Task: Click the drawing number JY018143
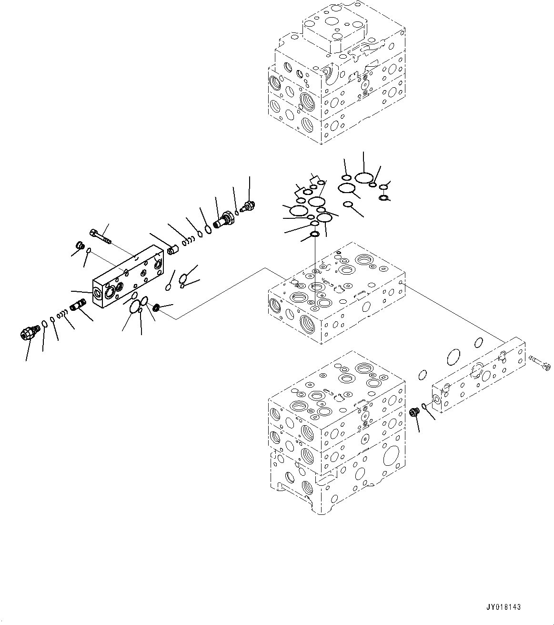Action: coord(504,607)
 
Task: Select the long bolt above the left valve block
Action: coord(99,236)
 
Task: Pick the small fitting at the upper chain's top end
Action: coord(249,206)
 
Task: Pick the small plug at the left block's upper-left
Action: coord(80,246)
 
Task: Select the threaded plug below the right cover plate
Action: coord(414,411)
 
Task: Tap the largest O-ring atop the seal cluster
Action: coord(364,178)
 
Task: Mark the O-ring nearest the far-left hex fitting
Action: coord(44,324)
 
